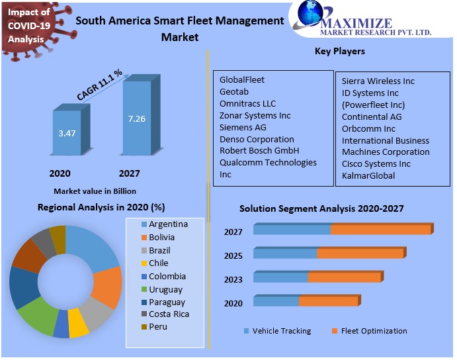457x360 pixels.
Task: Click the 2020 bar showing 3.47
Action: click(x=67, y=134)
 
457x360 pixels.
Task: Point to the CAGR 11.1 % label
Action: click(x=100, y=85)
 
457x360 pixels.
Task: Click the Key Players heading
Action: click(x=340, y=51)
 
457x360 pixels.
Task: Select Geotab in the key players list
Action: click(x=235, y=91)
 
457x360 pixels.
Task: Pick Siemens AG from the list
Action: click(x=243, y=127)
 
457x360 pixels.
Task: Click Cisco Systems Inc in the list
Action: click(x=376, y=163)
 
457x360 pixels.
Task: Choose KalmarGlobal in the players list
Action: click(x=368, y=175)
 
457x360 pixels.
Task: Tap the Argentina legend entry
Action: click(x=168, y=224)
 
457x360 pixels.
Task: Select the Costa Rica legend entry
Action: click(x=169, y=314)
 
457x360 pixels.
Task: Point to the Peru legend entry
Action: click(x=158, y=326)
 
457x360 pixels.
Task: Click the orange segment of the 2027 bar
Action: click(x=381, y=230)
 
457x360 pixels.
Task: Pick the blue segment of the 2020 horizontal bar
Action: click(x=276, y=301)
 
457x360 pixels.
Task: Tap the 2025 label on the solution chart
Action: click(x=233, y=255)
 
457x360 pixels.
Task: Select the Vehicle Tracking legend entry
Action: click(x=281, y=331)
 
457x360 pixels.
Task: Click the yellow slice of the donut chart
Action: click(x=79, y=327)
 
